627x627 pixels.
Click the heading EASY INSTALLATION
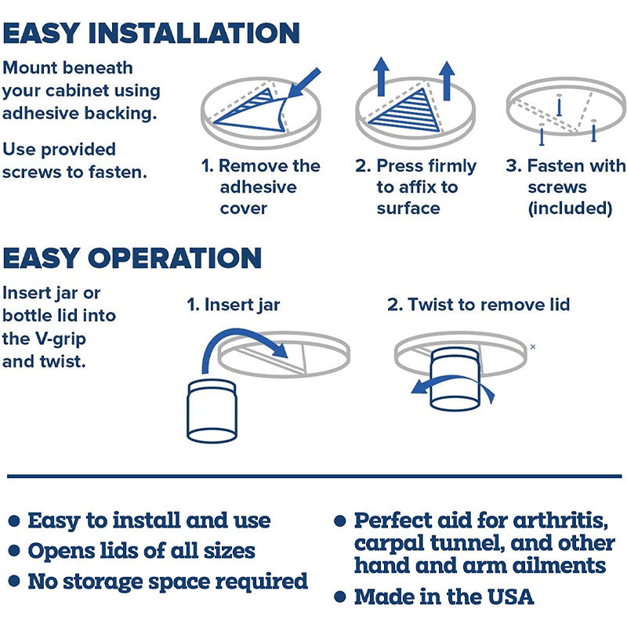pos(151,33)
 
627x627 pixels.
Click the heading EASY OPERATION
pos(132,258)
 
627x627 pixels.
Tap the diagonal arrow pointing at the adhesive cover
pos(304,83)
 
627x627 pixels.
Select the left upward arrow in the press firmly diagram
pos(381,77)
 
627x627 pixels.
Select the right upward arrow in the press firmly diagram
pos(447,81)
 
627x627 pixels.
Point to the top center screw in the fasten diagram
pos(559,106)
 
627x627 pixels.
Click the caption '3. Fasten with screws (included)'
pos(565,187)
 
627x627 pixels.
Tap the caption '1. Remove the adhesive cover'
pos(261,187)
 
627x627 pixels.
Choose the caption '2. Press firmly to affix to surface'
pos(415,187)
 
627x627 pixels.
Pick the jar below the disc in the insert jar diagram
pos(212,411)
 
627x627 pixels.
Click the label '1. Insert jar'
pos(234,305)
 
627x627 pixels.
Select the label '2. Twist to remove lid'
pos(478,305)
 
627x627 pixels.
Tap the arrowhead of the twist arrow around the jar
pos(419,386)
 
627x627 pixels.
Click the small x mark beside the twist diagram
pos(533,346)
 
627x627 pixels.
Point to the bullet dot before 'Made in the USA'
pos(340,597)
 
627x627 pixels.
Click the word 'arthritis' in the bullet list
pos(560,520)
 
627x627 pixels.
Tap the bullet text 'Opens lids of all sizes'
pos(142,551)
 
